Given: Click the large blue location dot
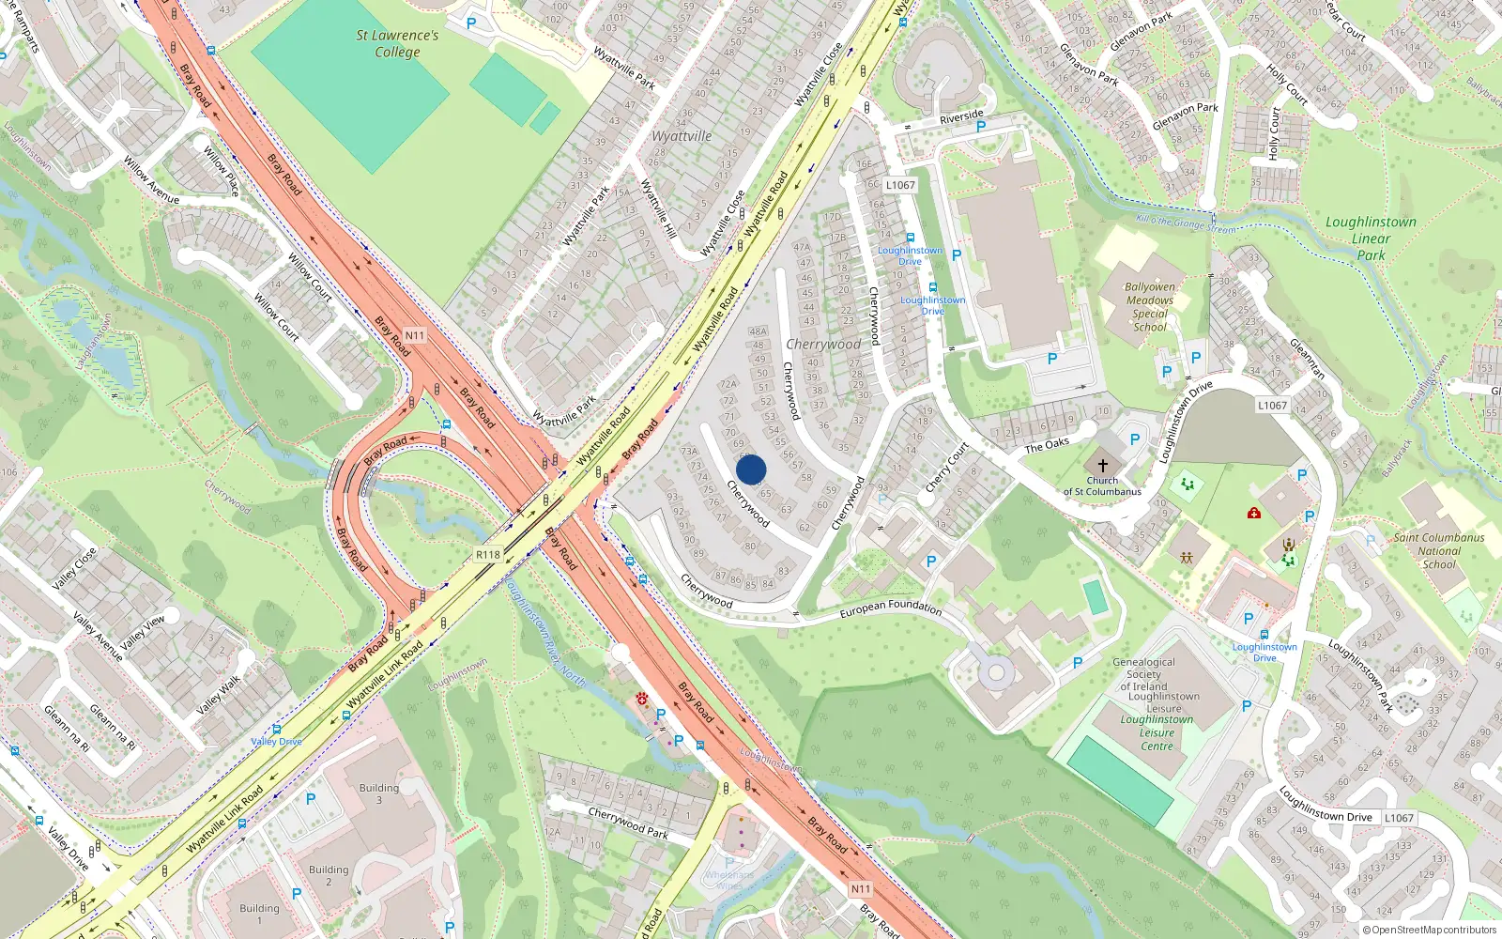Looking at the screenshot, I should pos(751,469).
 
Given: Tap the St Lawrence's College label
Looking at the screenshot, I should pos(397,43).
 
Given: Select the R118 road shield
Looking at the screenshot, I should pos(488,555).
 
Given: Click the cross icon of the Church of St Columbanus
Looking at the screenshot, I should pos(1103,465).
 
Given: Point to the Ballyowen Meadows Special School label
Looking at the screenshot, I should pos(1150,307).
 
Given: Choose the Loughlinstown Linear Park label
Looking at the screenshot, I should pos(1371,239).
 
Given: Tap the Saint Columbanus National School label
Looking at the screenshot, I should pos(1439,551).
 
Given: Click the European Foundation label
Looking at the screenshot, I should pos(890,608).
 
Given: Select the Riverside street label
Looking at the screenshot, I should pos(961,117).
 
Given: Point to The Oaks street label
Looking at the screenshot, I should pos(1047,445).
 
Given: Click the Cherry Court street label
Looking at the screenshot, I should pos(946,468).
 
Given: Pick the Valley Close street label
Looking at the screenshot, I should pos(74,568).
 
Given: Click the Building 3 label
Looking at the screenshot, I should pos(379,793).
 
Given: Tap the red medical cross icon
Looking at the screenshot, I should pos(1254,513).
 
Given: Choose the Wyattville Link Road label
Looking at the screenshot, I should pos(385,676).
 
